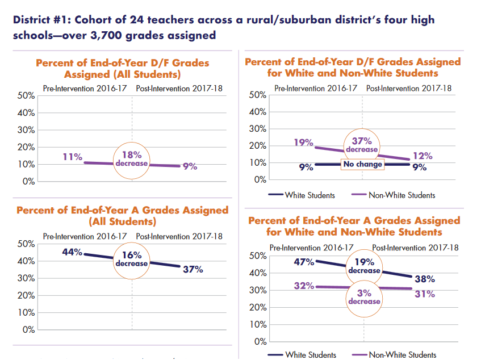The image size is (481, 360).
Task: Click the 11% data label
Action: (73, 157)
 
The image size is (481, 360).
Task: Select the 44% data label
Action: (72, 252)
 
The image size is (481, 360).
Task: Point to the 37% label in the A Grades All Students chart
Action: (193, 269)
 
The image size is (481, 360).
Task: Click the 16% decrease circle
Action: (132, 259)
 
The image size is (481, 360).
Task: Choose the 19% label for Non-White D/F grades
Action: (303, 143)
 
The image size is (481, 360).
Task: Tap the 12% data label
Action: (423, 156)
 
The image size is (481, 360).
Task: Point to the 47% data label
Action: (304, 262)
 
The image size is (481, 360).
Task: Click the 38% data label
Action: (424, 279)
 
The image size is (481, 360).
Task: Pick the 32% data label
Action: (304, 286)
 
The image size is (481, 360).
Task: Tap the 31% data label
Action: (424, 294)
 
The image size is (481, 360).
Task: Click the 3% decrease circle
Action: (364, 297)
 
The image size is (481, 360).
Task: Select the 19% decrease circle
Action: (364, 266)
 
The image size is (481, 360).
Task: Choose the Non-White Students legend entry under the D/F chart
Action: (394, 195)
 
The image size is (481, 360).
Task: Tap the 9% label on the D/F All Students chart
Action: (189, 166)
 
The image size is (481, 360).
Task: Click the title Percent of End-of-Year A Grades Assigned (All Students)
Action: (122, 215)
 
